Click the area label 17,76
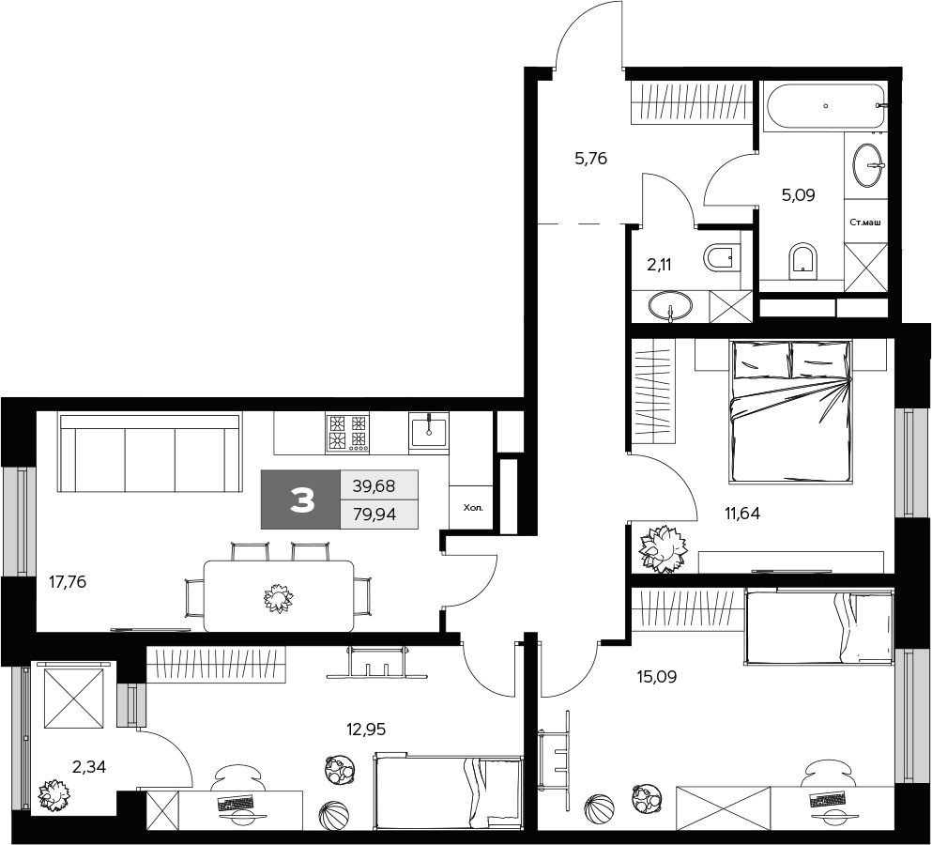coord(68,582)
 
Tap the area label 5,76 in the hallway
coord(591,159)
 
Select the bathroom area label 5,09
coord(799,195)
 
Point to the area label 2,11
coord(659,265)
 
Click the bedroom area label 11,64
coord(741,513)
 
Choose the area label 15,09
coord(657,675)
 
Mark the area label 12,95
coord(366,728)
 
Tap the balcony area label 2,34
coord(89,765)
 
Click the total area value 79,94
coord(374,514)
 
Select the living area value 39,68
coord(374,485)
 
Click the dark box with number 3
coord(300,500)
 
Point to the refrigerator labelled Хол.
coord(472,508)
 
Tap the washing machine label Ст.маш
coord(864,223)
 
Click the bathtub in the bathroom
coord(824,106)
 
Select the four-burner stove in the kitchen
coord(346,434)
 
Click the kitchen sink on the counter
coord(429,432)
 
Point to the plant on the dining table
coord(279,597)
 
